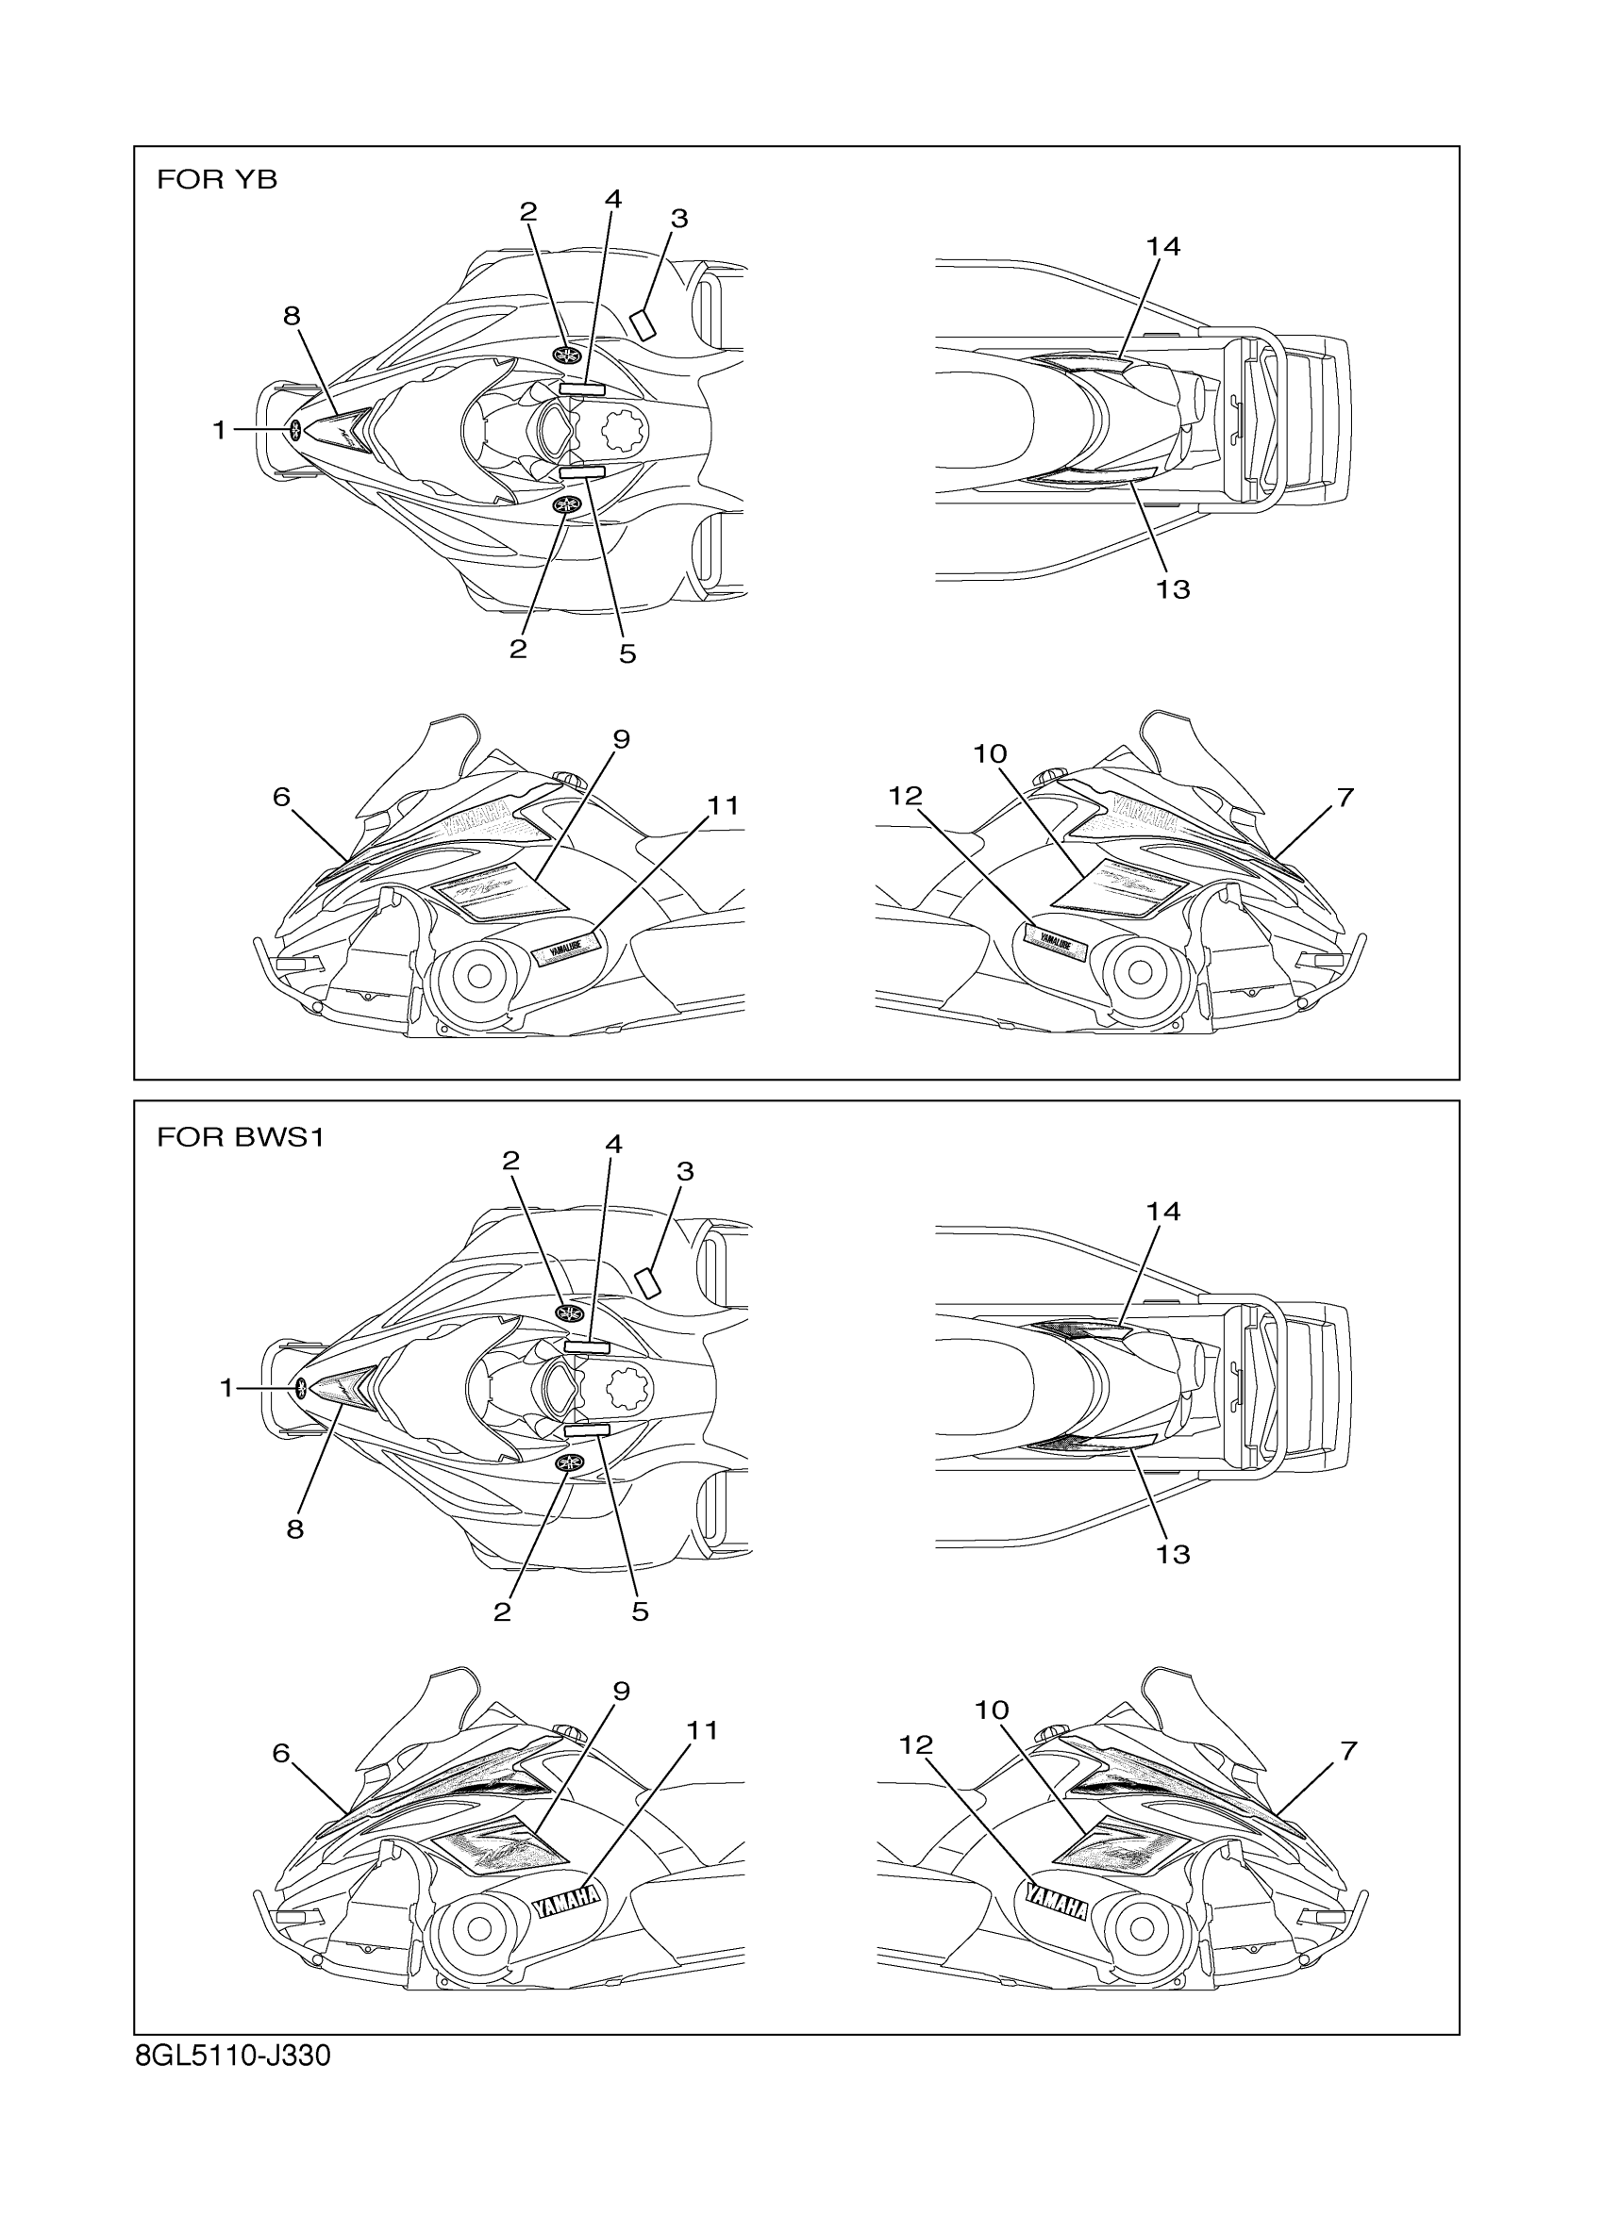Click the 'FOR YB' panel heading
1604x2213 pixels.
click(x=217, y=179)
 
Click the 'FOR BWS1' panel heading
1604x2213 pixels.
click(x=241, y=1138)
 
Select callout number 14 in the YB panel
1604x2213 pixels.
click(x=1162, y=247)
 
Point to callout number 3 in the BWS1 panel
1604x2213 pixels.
click(x=684, y=1171)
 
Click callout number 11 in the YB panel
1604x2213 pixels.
click(x=724, y=805)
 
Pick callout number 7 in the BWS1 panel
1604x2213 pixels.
click(x=1348, y=1750)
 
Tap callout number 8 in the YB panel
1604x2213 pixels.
click(x=291, y=315)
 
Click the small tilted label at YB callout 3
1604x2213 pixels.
click(x=643, y=323)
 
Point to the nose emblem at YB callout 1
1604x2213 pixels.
click(x=294, y=428)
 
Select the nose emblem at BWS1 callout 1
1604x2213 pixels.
click(x=301, y=1388)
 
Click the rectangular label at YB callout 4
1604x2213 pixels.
click(x=582, y=388)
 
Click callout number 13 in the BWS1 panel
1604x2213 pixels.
click(x=1173, y=1553)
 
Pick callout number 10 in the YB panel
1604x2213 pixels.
click(x=990, y=753)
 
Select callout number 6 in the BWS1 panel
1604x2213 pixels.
click(x=281, y=1754)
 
